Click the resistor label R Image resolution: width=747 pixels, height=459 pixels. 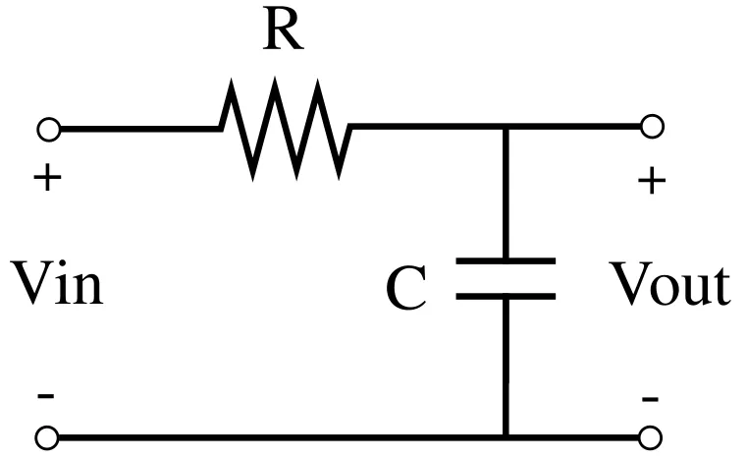click(x=283, y=31)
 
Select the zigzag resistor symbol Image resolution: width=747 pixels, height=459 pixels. click(x=286, y=129)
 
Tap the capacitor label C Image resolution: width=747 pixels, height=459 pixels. click(x=406, y=289)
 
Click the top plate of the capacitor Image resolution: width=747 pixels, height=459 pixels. click(x=506, y=260)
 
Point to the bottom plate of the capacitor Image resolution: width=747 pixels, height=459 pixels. click(x=506, y=296)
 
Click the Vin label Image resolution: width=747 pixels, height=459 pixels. click(x=56, y=282)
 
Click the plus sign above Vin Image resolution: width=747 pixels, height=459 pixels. click(x=47, y=178)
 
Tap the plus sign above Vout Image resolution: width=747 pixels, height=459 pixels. click(x=651, y=181)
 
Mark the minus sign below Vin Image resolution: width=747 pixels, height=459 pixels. click(x=46, y=395)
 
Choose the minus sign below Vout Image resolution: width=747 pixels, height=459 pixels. click(x=650, y=398)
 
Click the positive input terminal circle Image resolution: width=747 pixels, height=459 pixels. click(x=49, y=130)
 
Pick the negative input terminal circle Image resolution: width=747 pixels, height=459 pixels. click(x=47, y=437)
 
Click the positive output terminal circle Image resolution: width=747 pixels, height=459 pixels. click(x=652, y=127)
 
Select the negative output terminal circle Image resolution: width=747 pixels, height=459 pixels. click(x=650, y=437)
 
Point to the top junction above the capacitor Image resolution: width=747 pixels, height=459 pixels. click(x=506, y=127)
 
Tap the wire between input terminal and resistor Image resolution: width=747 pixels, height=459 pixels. click(x=140, y=129)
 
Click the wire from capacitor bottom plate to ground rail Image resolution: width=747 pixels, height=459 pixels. click(x=506, y=367)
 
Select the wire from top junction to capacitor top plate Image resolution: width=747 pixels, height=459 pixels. click(x=506, y=194)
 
